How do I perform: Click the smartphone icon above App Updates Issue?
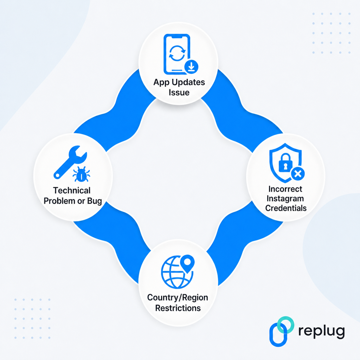pos(177,54)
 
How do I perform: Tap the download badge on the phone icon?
pos(191,67)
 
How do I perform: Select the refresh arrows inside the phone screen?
pos(177,53)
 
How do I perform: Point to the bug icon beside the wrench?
pos(81,174)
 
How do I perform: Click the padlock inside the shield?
pos(285,162)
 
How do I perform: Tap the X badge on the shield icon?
pos(298,174)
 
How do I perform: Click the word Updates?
pos(188,82)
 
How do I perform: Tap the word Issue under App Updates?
pos(179,92)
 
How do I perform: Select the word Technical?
pos(72,190)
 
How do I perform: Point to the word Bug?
pos(95,201)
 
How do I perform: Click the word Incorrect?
pos(285,189)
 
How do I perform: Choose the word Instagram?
pos(285,199)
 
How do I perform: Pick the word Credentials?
pos(286,208)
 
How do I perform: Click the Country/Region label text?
pos(178,297)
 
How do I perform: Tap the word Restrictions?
pos(178,308)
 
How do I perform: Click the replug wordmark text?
pos(321,332)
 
